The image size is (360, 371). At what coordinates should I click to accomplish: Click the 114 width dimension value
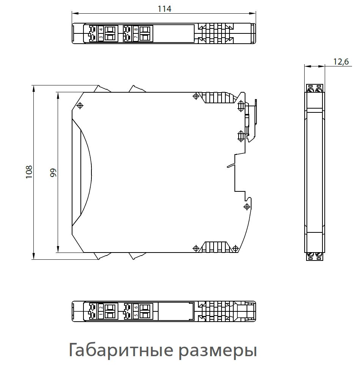point(164,9)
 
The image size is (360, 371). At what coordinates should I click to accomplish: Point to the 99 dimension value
point(53,172)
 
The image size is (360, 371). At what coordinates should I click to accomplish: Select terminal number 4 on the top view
point(101,30)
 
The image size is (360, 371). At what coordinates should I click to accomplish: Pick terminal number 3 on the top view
point(101,37)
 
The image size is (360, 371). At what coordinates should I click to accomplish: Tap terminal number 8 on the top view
point(135,30)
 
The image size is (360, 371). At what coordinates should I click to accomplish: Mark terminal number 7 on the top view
point(135,37)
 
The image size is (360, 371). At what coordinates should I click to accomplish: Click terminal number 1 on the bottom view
point(101,315)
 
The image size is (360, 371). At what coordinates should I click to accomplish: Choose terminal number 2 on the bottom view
point(101,307)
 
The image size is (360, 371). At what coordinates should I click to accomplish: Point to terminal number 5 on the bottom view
point(135,315)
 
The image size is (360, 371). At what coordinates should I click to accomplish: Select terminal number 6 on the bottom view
point(135,307)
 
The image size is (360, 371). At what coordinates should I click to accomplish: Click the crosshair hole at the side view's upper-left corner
point(80,106)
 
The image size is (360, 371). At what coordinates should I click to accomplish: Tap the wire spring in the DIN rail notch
point(231,166)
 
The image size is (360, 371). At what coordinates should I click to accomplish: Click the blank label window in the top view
point(174,33)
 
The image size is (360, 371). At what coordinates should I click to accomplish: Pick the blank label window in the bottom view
point(176,311)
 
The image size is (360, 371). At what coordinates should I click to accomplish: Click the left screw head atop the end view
point(311,90)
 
